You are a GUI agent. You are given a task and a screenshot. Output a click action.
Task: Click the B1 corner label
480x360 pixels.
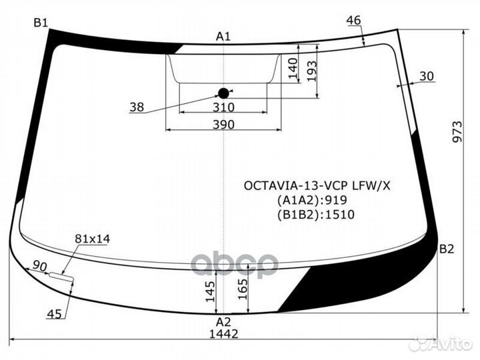41,23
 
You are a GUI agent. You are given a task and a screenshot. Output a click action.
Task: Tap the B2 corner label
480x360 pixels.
446,249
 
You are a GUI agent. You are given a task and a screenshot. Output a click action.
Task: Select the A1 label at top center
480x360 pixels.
223,36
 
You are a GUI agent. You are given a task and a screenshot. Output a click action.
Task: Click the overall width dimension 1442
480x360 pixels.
223,333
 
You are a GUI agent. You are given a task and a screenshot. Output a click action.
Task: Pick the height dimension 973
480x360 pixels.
457,133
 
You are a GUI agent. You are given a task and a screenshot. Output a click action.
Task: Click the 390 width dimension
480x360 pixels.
223,124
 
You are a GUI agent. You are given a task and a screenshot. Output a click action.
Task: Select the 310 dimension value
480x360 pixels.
223,107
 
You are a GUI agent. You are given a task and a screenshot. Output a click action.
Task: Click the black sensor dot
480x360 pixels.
223,93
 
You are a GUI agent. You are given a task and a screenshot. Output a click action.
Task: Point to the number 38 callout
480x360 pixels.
137,107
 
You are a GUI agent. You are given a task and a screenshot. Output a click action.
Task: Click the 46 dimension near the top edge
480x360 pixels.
353,21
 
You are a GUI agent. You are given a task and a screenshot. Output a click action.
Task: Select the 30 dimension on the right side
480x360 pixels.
427,76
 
